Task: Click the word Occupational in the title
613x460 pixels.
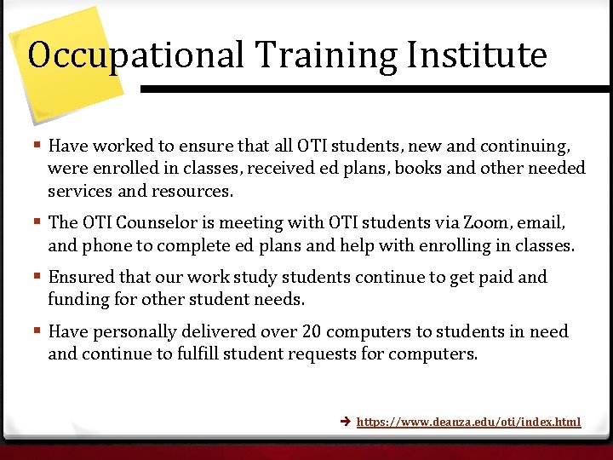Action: [x=136, y=55]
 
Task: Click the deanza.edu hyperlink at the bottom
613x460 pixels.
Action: [x=468, y=422]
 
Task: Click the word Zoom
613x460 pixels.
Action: [x=487, y=222]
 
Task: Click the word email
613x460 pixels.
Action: [x=541, y=222]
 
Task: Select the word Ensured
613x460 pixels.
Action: [x=81, y=277]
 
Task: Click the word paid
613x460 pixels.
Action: [x=496, y=277]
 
